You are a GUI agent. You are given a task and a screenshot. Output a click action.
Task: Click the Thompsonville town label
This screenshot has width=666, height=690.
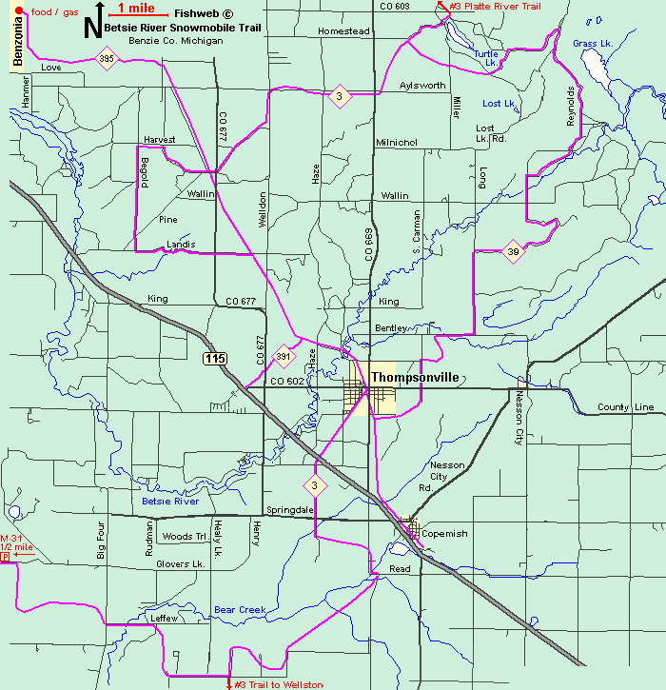coord(415,378)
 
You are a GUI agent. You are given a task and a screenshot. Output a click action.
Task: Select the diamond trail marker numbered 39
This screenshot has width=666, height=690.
coord(513,251)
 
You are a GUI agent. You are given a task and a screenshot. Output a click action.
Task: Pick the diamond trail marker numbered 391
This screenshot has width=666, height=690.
coord(283,357)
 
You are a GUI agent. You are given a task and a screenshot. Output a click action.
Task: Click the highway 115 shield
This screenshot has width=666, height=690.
coord(214,358)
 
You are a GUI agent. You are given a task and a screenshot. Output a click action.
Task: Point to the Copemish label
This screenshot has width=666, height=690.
coord(444,534)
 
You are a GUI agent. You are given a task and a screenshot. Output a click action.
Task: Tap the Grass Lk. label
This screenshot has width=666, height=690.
coord(592,44)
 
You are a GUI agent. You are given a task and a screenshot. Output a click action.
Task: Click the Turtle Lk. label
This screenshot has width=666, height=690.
coord(486,59)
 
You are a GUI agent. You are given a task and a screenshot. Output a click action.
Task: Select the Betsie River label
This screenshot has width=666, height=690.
coord(170,501)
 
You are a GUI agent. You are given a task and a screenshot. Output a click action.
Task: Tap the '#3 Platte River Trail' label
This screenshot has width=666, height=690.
coord(495,7)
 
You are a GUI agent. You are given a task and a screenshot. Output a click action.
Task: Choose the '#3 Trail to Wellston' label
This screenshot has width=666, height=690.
coord(280,684)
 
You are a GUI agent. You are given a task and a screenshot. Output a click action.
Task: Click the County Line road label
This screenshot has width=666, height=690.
coord(625,407)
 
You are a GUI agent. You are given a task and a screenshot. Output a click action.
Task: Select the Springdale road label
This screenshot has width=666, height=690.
coord(290,510)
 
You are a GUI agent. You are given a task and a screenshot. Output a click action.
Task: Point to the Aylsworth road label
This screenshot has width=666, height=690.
coord(422,86)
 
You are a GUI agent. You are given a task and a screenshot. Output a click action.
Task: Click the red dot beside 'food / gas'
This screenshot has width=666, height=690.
coord(18,10)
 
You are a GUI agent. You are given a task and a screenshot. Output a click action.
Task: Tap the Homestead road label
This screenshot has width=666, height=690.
coord(343,31)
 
